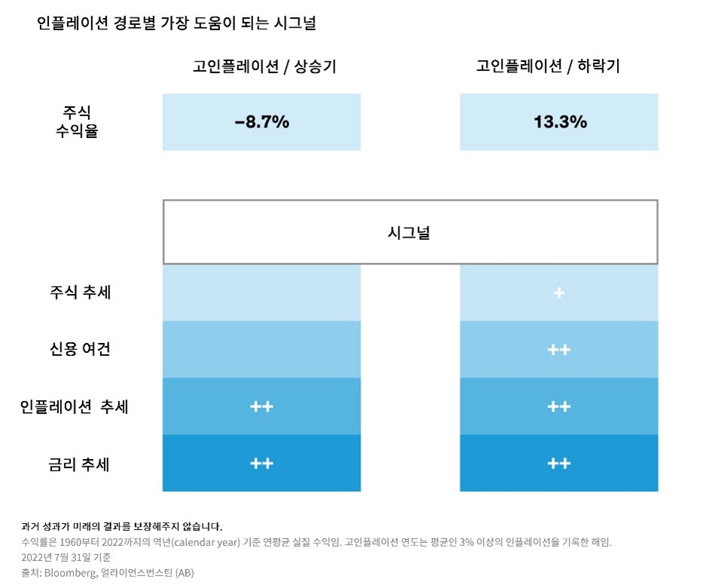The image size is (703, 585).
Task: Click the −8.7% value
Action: click(261, 122)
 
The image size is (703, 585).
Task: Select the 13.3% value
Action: click(560, 122)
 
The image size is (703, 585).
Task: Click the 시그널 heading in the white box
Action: click(410, 232)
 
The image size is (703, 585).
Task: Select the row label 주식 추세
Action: click(80, 292)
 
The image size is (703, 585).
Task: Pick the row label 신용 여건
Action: click(80, 349)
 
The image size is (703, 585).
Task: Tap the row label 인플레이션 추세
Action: click(74, 406)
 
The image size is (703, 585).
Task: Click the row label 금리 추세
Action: click(80, 464)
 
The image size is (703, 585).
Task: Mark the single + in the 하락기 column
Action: click(559, 292)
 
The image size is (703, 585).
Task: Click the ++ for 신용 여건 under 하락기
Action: click(559, 350)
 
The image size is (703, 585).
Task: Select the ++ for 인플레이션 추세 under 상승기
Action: click(261, 406)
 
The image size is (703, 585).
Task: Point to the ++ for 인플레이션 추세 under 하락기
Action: click(559, 406)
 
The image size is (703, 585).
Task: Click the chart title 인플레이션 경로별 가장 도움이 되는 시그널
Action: click(176, 23)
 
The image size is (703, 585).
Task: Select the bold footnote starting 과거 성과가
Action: click(121, 526)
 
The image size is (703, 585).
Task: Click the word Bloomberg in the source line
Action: click(72, 573)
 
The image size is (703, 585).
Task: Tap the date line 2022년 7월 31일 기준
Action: click(66, 557)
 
